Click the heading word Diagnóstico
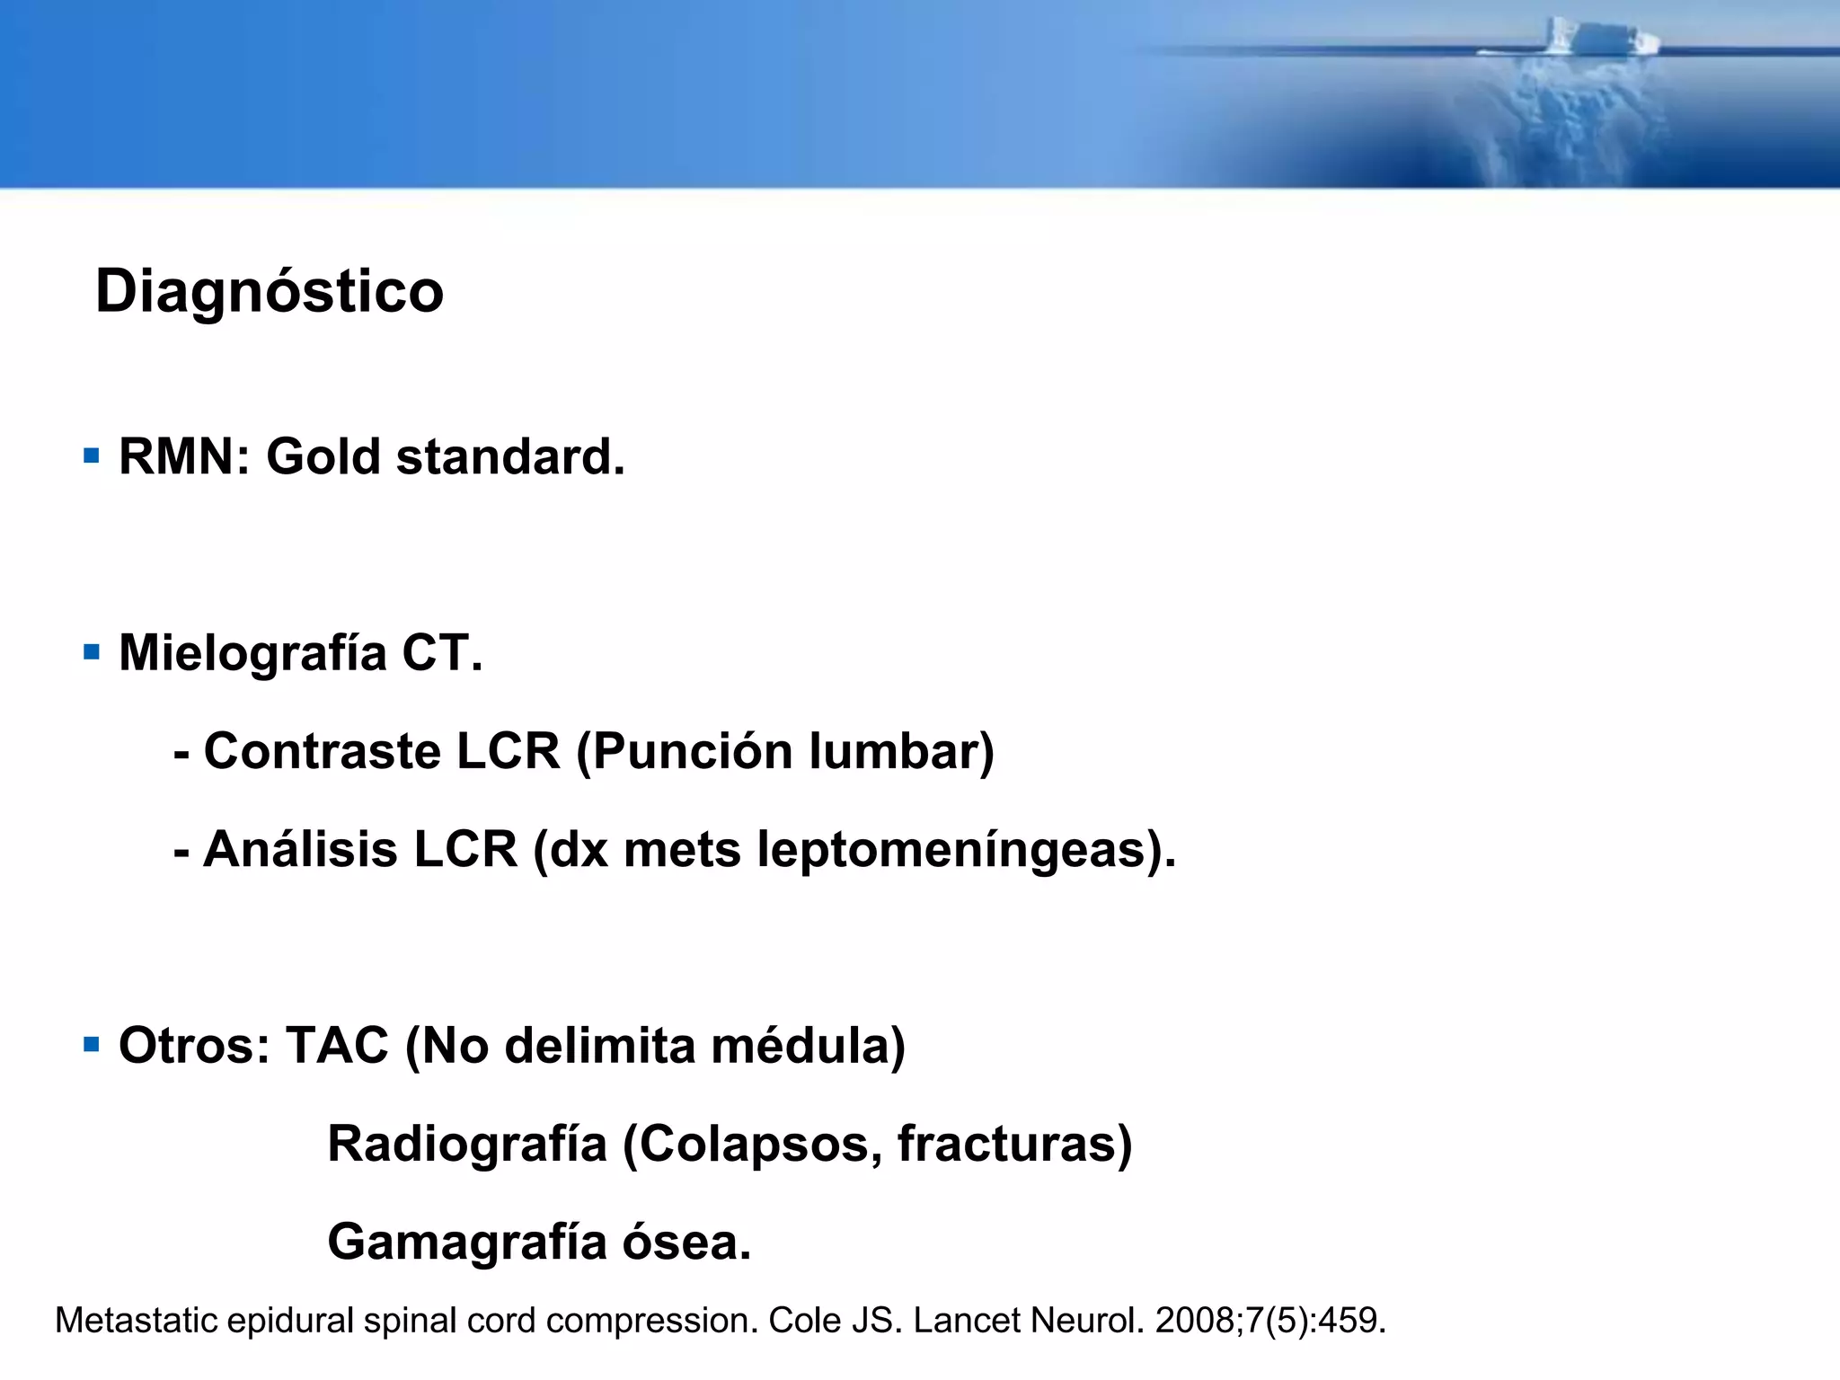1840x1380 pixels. pyautogui.click(x=270, y=292)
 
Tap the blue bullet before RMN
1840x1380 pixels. pyautogui.click(x=91, y=456)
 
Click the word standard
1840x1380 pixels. pyautogui.click(x=509, y=456)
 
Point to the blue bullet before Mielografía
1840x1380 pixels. pyautogui.click(x=91, y=651)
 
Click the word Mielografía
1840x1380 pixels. pyautogui.click(x=252, y=653)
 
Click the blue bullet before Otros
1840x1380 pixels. pyautogui.click(x=91, y=1044)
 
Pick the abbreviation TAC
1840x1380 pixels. pyautogui.click(x=337, y=1046)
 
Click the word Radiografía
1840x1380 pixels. pyautogui.click(x=467, y=1145)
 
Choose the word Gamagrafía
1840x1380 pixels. pyautogui.click(x=467, y=1243)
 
